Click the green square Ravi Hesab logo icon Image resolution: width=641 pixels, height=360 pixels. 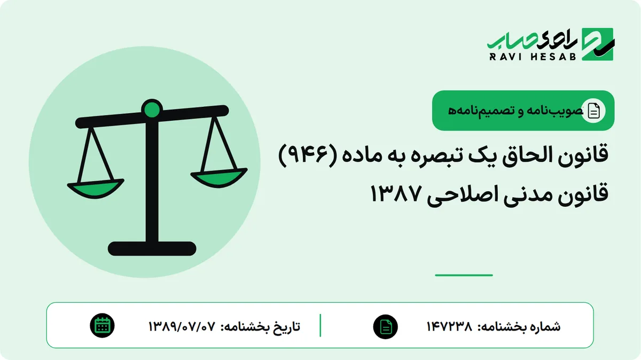(598, 44)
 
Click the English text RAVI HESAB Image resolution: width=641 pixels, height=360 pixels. (533, 57)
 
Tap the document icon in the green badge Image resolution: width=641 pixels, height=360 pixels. (593, 111)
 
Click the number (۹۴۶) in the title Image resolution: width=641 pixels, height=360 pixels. (308, 155)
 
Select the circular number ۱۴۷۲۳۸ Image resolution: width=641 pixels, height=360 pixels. (449, 326)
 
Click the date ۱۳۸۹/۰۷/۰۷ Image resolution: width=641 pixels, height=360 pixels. (182, 326)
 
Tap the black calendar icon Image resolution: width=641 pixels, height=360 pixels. (102, 326)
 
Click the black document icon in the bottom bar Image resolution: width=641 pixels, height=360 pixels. (386, 327)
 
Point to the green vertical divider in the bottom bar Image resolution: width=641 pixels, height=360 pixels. (320, 325)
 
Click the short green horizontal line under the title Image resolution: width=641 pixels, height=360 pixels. (464, 275)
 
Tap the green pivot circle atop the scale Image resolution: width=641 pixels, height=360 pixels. (152, 109)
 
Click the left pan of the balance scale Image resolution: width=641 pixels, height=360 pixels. (96, 189)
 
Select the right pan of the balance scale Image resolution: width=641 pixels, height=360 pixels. (219, 178)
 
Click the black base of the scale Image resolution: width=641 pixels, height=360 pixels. (152, 248)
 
